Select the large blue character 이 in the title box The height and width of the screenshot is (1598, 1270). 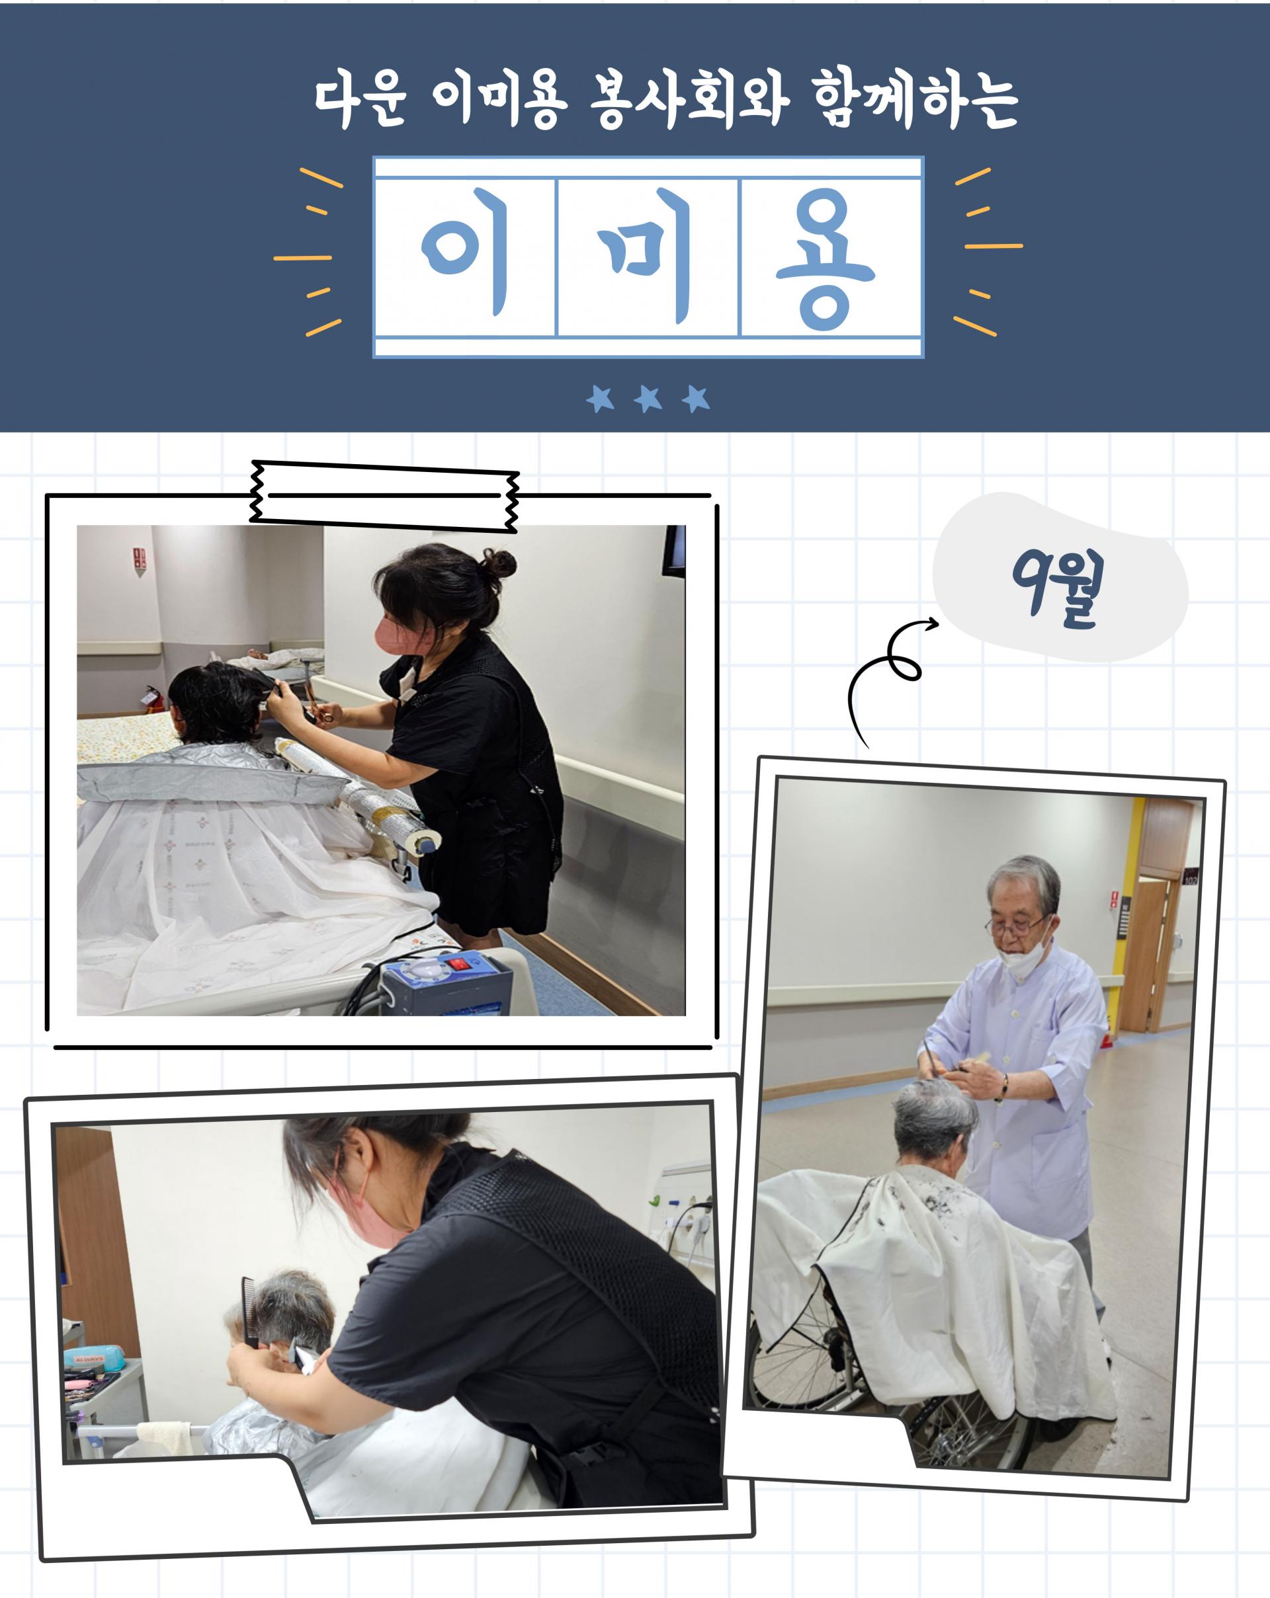click(x=466, y=252)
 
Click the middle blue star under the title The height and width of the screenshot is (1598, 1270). click(x=648, y=399)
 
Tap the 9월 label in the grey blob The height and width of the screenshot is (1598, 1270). click(x=1058, y=589)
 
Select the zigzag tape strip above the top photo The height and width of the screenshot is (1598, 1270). click(x=385, y=496)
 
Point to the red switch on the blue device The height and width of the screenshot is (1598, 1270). click(x=458, y=963)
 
